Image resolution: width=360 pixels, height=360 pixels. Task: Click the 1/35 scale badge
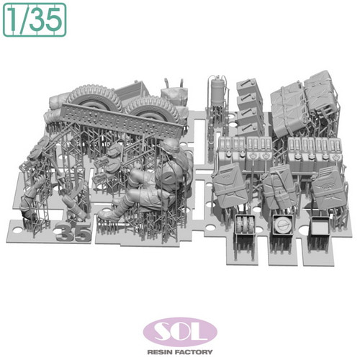click(x=35, y=20)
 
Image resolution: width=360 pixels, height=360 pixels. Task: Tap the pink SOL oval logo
click(x=180, y=332)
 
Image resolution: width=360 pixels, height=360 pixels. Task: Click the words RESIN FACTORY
click(x=180, y=352)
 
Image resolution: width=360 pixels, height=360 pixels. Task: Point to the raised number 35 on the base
click(x=73, y=233)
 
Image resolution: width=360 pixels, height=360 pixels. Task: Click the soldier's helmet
click(x=170, y=145)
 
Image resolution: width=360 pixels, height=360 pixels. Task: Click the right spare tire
click(x=153, y=109)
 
